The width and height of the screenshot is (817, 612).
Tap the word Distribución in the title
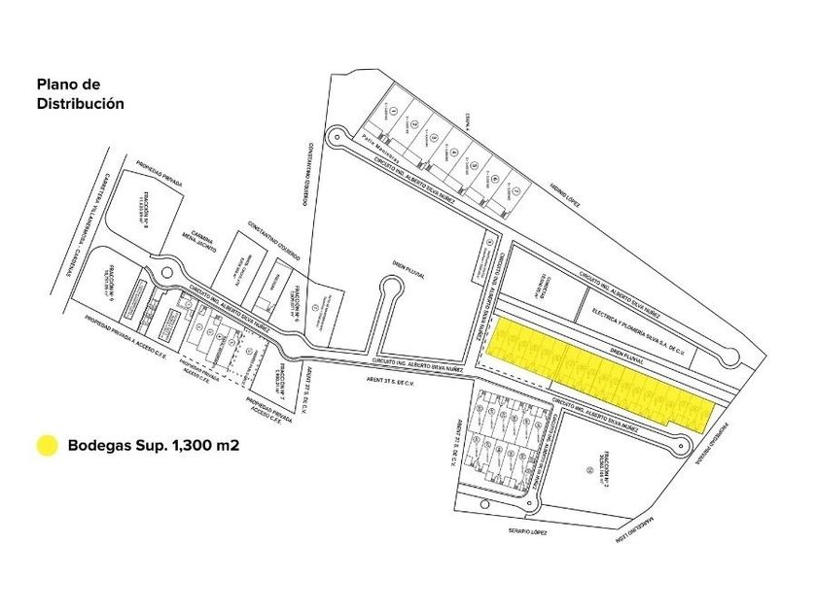[81, 103]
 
